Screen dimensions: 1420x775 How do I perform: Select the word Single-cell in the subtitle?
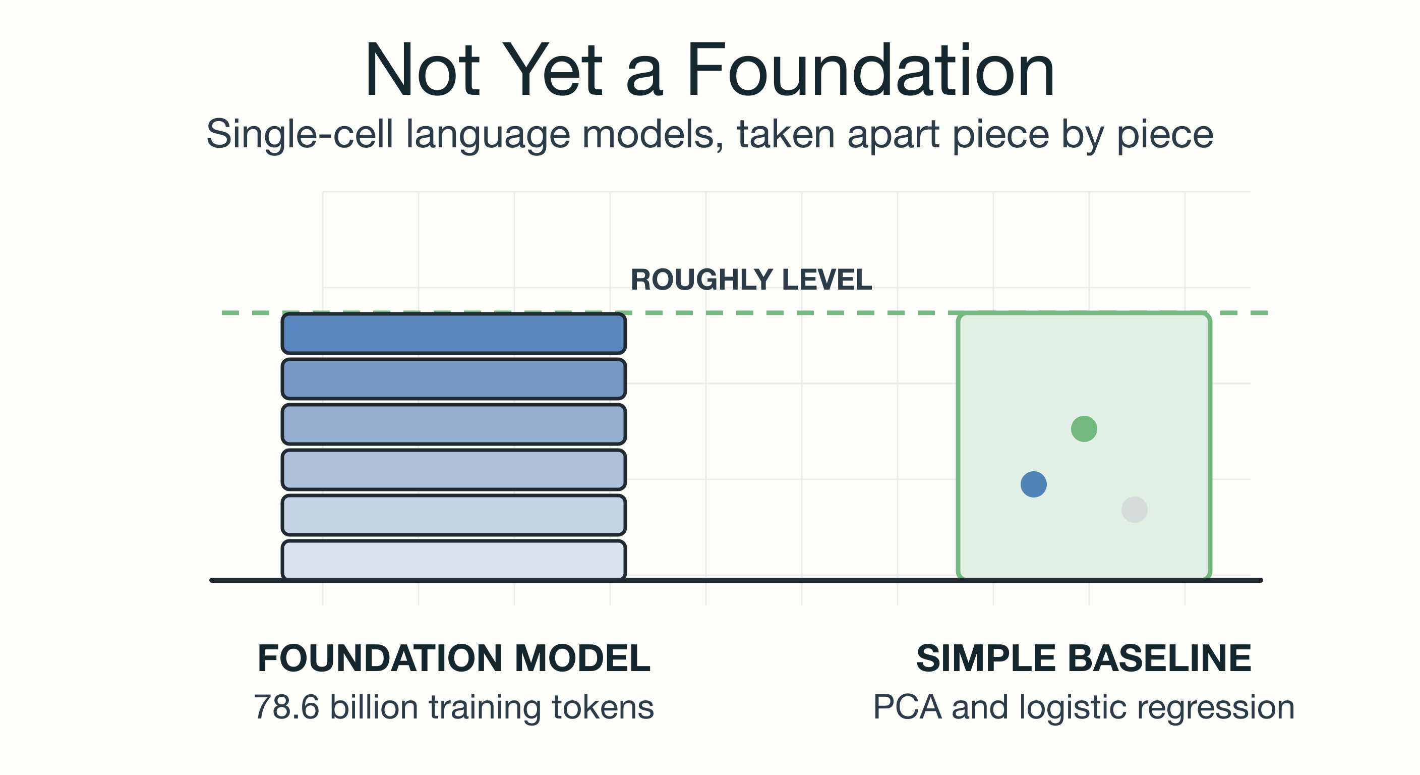[x=300, y=135]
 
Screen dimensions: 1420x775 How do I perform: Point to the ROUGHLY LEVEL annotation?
[x=751, y=280]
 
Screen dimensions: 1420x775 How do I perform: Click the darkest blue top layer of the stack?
[x=454, y=333]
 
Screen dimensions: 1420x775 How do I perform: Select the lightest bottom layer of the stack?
[x=454, y=561]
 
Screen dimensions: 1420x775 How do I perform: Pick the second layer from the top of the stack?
[x=454, y=379]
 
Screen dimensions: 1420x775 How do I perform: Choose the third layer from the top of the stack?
[x=454, y=424]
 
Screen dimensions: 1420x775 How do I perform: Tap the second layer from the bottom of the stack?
[x=454, y=515]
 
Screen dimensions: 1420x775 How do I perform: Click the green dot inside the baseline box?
[x=1084, y=428]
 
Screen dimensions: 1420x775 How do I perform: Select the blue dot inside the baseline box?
[x=1034, y=484]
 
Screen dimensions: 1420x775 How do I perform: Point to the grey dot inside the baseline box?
[x=1135, y=509]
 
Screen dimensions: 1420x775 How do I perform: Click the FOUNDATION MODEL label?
[x=454, y=658]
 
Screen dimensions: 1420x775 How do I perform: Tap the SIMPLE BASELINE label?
[x=1084, y=658]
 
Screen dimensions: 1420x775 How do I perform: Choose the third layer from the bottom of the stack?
[x=454, y=470]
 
